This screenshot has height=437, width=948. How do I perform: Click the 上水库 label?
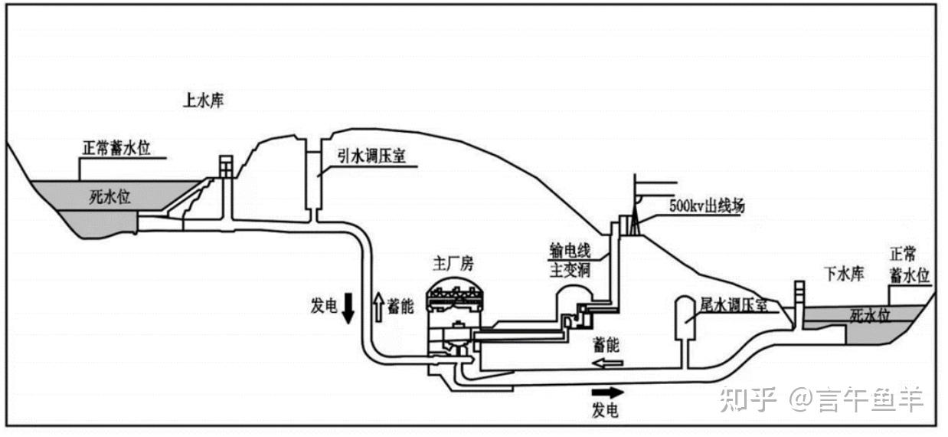[204, 100]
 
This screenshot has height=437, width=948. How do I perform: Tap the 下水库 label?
[843, 272]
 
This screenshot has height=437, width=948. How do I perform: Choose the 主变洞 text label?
[567, 271]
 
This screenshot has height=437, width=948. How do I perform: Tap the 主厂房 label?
[453, 264]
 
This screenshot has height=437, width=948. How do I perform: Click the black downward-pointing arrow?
[348, 307]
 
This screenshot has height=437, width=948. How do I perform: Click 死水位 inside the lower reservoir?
[869, 315]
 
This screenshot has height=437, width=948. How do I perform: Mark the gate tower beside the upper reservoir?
[224, 166]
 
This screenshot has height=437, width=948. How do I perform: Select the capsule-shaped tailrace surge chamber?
[683, 317]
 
